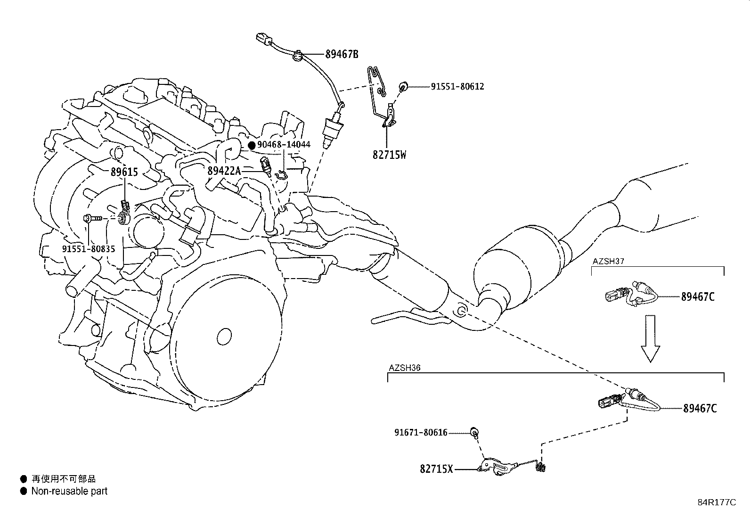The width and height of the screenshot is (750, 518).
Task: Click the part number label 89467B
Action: click(342, 54)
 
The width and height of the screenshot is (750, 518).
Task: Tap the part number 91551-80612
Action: click(457, 86)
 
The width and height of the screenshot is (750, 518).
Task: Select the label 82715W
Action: click(390, 155)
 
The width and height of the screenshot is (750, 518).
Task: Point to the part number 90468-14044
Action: click(284, 144)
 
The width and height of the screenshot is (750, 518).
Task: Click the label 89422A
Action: click(224, 171)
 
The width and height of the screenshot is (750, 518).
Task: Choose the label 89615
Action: click(124, 172)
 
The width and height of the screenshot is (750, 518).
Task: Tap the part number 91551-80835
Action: click(89, 248)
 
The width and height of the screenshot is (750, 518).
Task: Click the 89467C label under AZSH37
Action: click(698, 297)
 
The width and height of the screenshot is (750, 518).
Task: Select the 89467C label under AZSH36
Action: click(700, 409)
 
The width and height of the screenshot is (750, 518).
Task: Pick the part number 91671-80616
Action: click(421, 433)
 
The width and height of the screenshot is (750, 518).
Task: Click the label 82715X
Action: click(436, 469)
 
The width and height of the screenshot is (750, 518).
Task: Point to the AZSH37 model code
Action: click(608, 261)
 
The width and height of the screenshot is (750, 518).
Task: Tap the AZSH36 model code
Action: click(405, 368)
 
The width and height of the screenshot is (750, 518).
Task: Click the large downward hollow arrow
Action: click(650, 338)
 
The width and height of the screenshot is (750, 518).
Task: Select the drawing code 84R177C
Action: click(717, 502)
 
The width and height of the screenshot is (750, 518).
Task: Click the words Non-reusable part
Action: click(69, 491)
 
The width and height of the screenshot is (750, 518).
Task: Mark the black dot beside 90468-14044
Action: click(252, 145)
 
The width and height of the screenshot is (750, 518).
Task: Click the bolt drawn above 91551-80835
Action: click(92, 218)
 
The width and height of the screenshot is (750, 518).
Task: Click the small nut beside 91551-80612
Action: click(403, 86)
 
